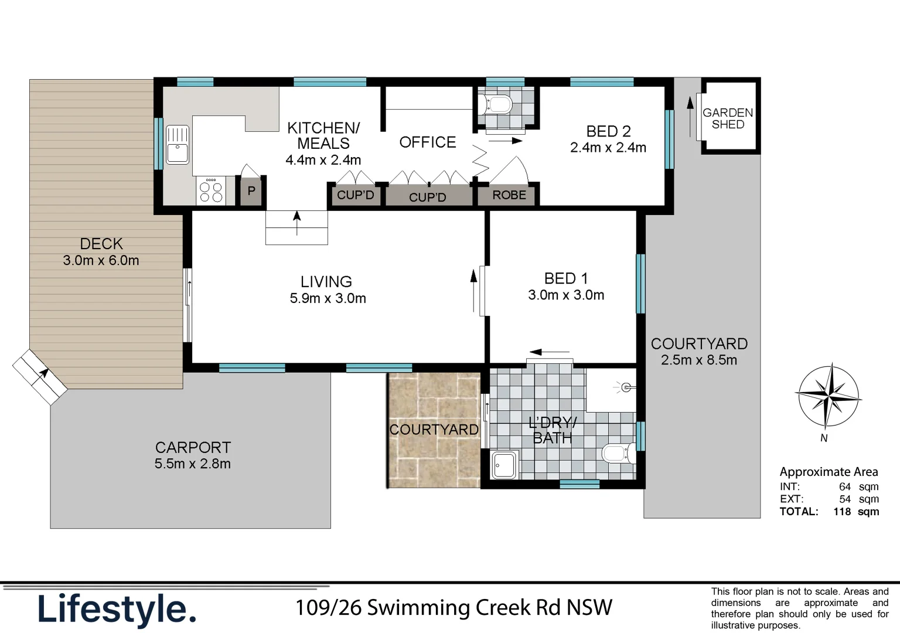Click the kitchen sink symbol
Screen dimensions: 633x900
(x=178, y=144)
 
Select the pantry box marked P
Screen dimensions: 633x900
(x=251, y=191)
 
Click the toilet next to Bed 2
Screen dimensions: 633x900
(x=496, y=105)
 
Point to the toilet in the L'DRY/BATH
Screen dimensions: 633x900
(x=617, y=454)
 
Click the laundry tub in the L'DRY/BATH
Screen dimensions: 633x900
(x=504, y=465)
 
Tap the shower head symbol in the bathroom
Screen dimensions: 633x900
(x=625, y=387)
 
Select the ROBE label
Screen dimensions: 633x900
(x=509, y=195)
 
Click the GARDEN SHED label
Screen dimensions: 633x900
(x=728, y=118)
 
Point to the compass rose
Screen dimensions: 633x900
(x=827, y=397)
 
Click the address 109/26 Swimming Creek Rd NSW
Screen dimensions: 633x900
(x=454, y=608)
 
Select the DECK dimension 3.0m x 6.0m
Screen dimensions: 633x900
(x=101, y=261)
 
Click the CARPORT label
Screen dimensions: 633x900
(x=193, y=447)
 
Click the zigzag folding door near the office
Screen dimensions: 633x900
(x=480, y=160)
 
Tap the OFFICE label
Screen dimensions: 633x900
(x=427, y=142)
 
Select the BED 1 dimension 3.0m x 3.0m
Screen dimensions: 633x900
(x=565, y=295)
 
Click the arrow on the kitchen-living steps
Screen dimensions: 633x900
(x=297, y=223)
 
